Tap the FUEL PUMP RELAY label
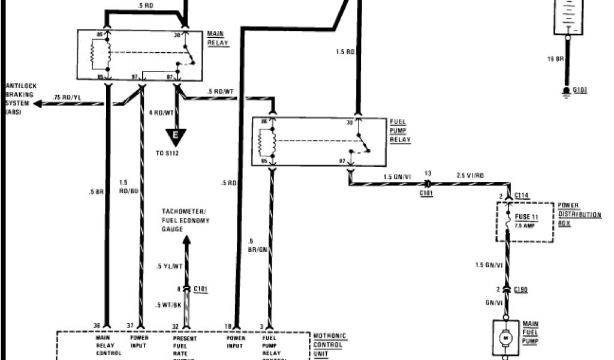click(x=400, y=131)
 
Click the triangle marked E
click(x=175, y=137)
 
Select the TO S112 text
click(x=168, y=154)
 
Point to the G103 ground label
click(x=580, y=89)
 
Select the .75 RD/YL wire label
click(x=66, y=97)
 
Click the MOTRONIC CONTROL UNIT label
click(x=330, y=346)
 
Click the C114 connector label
click(x=521, y=196)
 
